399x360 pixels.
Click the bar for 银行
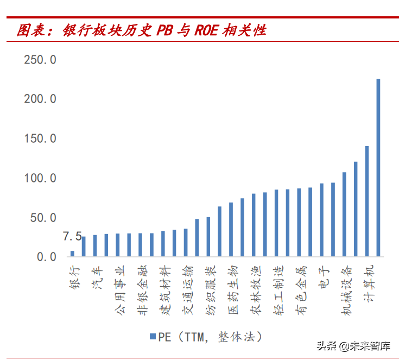click(72, 253)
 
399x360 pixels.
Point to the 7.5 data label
click(72, 237)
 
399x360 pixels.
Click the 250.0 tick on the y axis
click(40, 60)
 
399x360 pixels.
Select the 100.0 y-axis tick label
click(40, 178)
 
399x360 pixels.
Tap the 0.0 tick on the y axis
click(46, 257)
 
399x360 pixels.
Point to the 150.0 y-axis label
click(40, 138)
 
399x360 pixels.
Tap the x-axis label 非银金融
click(141, 290)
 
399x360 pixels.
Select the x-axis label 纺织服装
click(210, 290)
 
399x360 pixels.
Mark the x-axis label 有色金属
click(300, 290)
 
